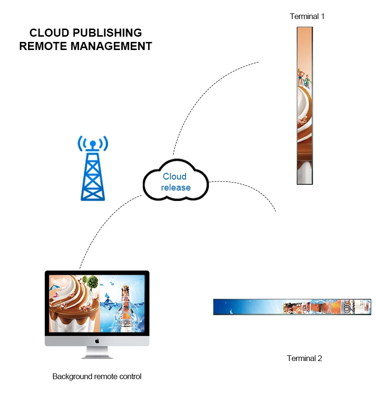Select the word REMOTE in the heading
pyautogui.click(x=43, y=46)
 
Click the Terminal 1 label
pyautogui.click(x=307, y=16)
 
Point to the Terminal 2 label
pyautogui.click(x=305, y=358)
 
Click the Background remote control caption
pyautogui.click(x=97, y=376)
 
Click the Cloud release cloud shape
pyautogui.click(x=176, y=181)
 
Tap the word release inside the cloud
pyautogui.click(x=176, y=187)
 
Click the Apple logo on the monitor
pyautogui.click(x=97, y=341)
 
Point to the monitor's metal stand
pyautogui.click(x=97, y=352)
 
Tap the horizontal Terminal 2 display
pyautogui.click(x=292, y=307)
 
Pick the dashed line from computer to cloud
pyautogui.click(x=102, y=224)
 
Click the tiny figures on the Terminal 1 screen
pyautogui.click(x=303, y=78)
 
